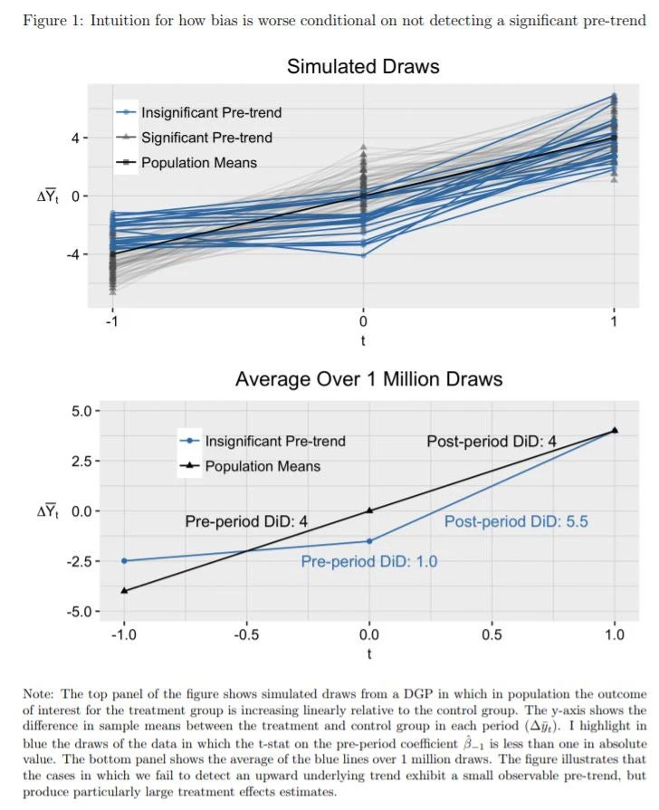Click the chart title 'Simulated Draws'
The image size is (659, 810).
tap(363, 66)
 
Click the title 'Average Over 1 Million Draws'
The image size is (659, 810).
tap(368, 379)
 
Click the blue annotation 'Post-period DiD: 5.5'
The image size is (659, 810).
tap(516, 521)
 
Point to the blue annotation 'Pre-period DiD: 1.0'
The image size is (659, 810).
tap(369, 561)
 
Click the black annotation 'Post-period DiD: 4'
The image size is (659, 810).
tap(492, 441)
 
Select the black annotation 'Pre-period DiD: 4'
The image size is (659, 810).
tap(246, 521)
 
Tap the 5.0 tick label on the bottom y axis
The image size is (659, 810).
tap(81, 412)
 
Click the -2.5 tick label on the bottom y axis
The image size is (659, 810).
tap(79, 561)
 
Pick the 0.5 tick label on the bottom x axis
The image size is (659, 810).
tap(492, 634)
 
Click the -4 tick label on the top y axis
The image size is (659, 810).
tap(75, 254)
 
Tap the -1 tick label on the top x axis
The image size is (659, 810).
tap(112, 321)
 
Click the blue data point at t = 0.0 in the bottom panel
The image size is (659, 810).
tap(369, 541)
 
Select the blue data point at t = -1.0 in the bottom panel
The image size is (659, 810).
tap(124, 560)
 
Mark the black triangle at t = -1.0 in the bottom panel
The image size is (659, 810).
tap(124, 590)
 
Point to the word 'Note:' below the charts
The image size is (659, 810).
tap(39, 694)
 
